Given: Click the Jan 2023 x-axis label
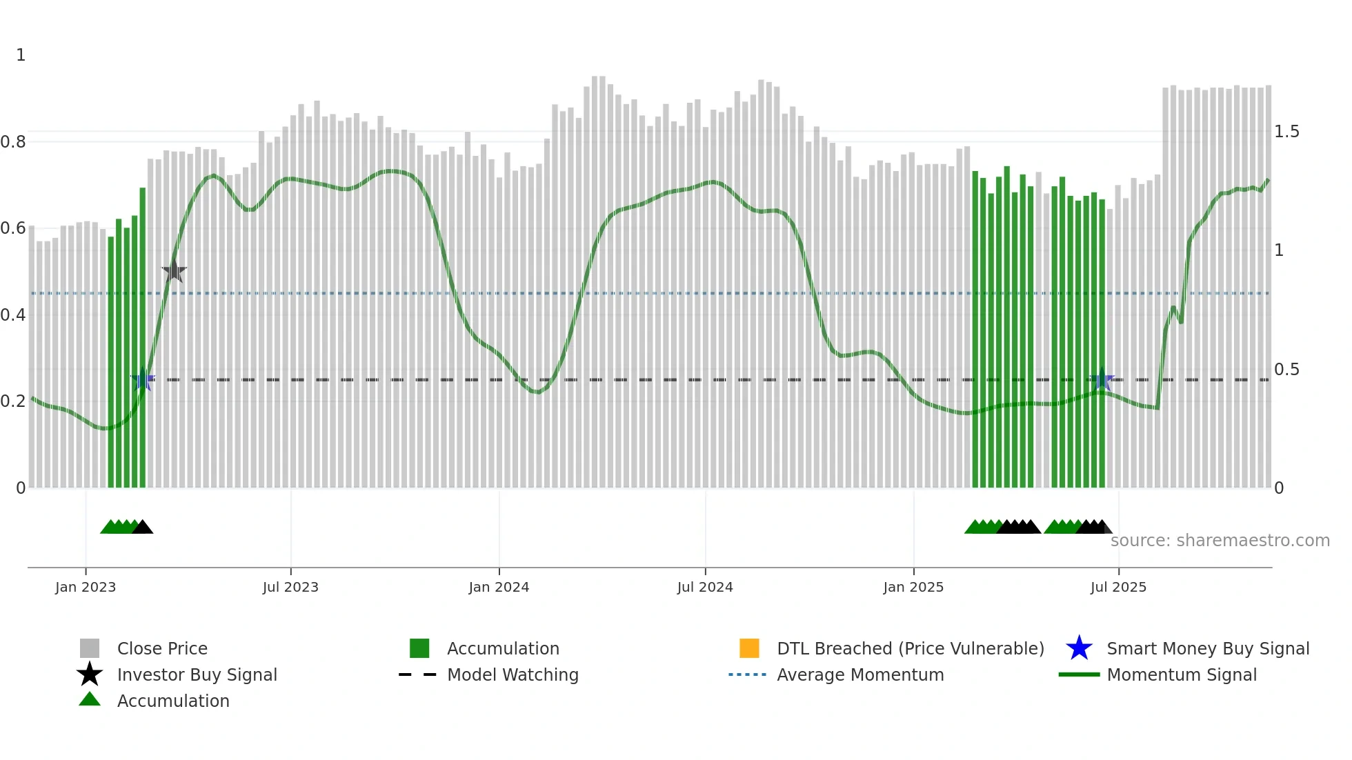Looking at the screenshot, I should [x=86, y=587].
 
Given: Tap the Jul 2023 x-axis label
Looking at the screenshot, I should [x=290, y=587].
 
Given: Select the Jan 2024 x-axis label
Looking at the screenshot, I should [x=499, y=587].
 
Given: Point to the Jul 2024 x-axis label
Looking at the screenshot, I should [x=705, y=587].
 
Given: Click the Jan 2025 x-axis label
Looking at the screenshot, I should [x=913, y=587].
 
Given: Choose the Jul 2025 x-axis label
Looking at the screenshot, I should [x=1118, y=587].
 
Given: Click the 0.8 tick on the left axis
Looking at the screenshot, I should [x=13, y=142].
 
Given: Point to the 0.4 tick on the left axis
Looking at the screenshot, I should [x=13, y=315].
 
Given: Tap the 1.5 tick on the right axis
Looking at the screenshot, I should [x=1286, y=132].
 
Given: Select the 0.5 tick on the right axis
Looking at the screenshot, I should [x=1286, y=370].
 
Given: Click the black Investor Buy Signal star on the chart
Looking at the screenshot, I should [x=175, y=271].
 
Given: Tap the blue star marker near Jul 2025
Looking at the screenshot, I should [x=1102, y=379].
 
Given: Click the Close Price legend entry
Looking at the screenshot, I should [x=162, y=648].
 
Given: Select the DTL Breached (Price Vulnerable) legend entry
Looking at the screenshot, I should [x=910, y=648].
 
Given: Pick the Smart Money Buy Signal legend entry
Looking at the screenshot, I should [x=1207, y=648].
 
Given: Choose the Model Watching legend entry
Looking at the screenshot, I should [x=513, y=674].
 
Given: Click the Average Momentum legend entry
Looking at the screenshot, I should [x=859, y=674].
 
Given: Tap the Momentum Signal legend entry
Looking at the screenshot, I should [x=1181, y=674].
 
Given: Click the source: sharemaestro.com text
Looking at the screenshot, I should [x=1220, y=540].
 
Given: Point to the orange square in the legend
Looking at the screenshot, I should [x=749, y=648].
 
